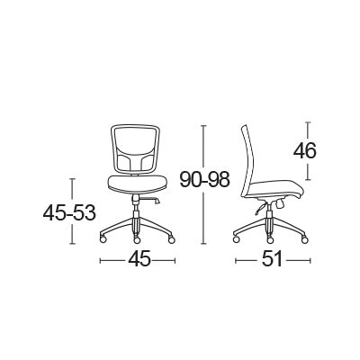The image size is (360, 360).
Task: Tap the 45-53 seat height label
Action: [x=69, y=212]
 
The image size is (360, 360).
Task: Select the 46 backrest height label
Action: [x=305, y=150]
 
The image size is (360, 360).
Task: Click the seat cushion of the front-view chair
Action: [x=137, y=184]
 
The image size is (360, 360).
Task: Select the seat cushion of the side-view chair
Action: [x=275, y=190]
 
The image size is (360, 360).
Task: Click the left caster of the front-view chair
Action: [x=103, y=239]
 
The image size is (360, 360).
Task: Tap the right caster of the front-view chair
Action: [x=171, y=239]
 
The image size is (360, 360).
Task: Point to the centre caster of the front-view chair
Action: [x=137, y=240]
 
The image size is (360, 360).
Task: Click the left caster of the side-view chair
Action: [x=237, y=239]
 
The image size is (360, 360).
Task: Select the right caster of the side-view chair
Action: [x=305, y=239]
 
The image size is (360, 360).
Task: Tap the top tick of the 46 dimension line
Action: [x=308, y=122]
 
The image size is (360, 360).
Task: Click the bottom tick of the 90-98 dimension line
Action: [x=204, y=243]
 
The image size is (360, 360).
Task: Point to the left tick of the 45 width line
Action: [x=100, y=260]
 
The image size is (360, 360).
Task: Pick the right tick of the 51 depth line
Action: [x=310, y=260]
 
